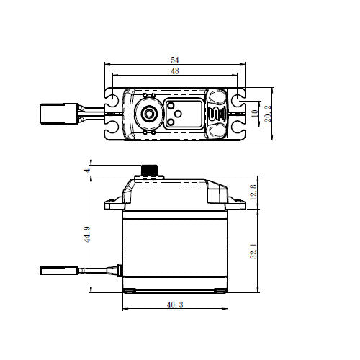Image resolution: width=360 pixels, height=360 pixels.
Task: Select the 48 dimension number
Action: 176,72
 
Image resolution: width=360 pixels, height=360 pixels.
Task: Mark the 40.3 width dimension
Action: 174,305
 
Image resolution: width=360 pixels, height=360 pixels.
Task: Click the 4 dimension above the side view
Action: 86,170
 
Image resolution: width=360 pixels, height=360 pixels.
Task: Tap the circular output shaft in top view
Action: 149,114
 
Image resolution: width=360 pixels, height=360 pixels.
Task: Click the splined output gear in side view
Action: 149,171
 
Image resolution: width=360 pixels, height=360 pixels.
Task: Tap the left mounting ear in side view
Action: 114,203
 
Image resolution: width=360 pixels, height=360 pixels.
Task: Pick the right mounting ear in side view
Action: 236,203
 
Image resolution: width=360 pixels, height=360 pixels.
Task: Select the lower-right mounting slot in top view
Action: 238,130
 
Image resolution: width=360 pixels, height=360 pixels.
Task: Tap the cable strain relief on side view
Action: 112,271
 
